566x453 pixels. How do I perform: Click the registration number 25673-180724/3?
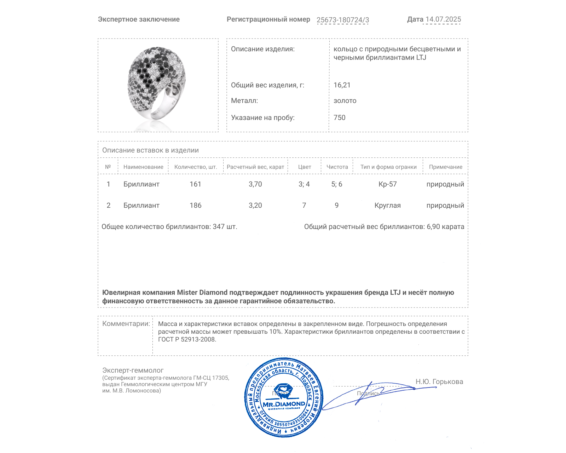click(x=342, y=20)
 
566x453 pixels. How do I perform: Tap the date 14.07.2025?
click(x=443, y=19)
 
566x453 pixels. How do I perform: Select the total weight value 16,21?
click(x=342, y=85)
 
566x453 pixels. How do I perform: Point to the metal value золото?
click(x=345, y=101)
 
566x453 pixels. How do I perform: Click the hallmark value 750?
click(x=339, y=117)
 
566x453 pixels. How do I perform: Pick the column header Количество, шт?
click(x=196, y=167)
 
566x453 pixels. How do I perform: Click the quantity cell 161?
click(x=195, y=184)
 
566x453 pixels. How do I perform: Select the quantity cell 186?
click(x=195, y=205)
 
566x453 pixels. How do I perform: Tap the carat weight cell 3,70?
click(x=255, y=184)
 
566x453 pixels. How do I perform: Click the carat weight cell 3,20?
click(x=255, y=205)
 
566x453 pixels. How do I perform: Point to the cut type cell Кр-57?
click(x=387, y=184)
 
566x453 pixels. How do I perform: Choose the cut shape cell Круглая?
click(x=387, y=205)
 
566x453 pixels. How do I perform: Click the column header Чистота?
click(x=337, y=167)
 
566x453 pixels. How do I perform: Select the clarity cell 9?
click(x=336, y=205)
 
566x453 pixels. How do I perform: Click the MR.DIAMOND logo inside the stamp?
click(x=284, y=404)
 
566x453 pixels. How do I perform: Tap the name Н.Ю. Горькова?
click(x=439, y=382)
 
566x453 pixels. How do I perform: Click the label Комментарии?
click(x=126, y=323)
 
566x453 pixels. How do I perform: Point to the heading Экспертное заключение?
click(x=139, y=19)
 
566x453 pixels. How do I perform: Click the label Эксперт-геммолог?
click(x=133, y=370)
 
